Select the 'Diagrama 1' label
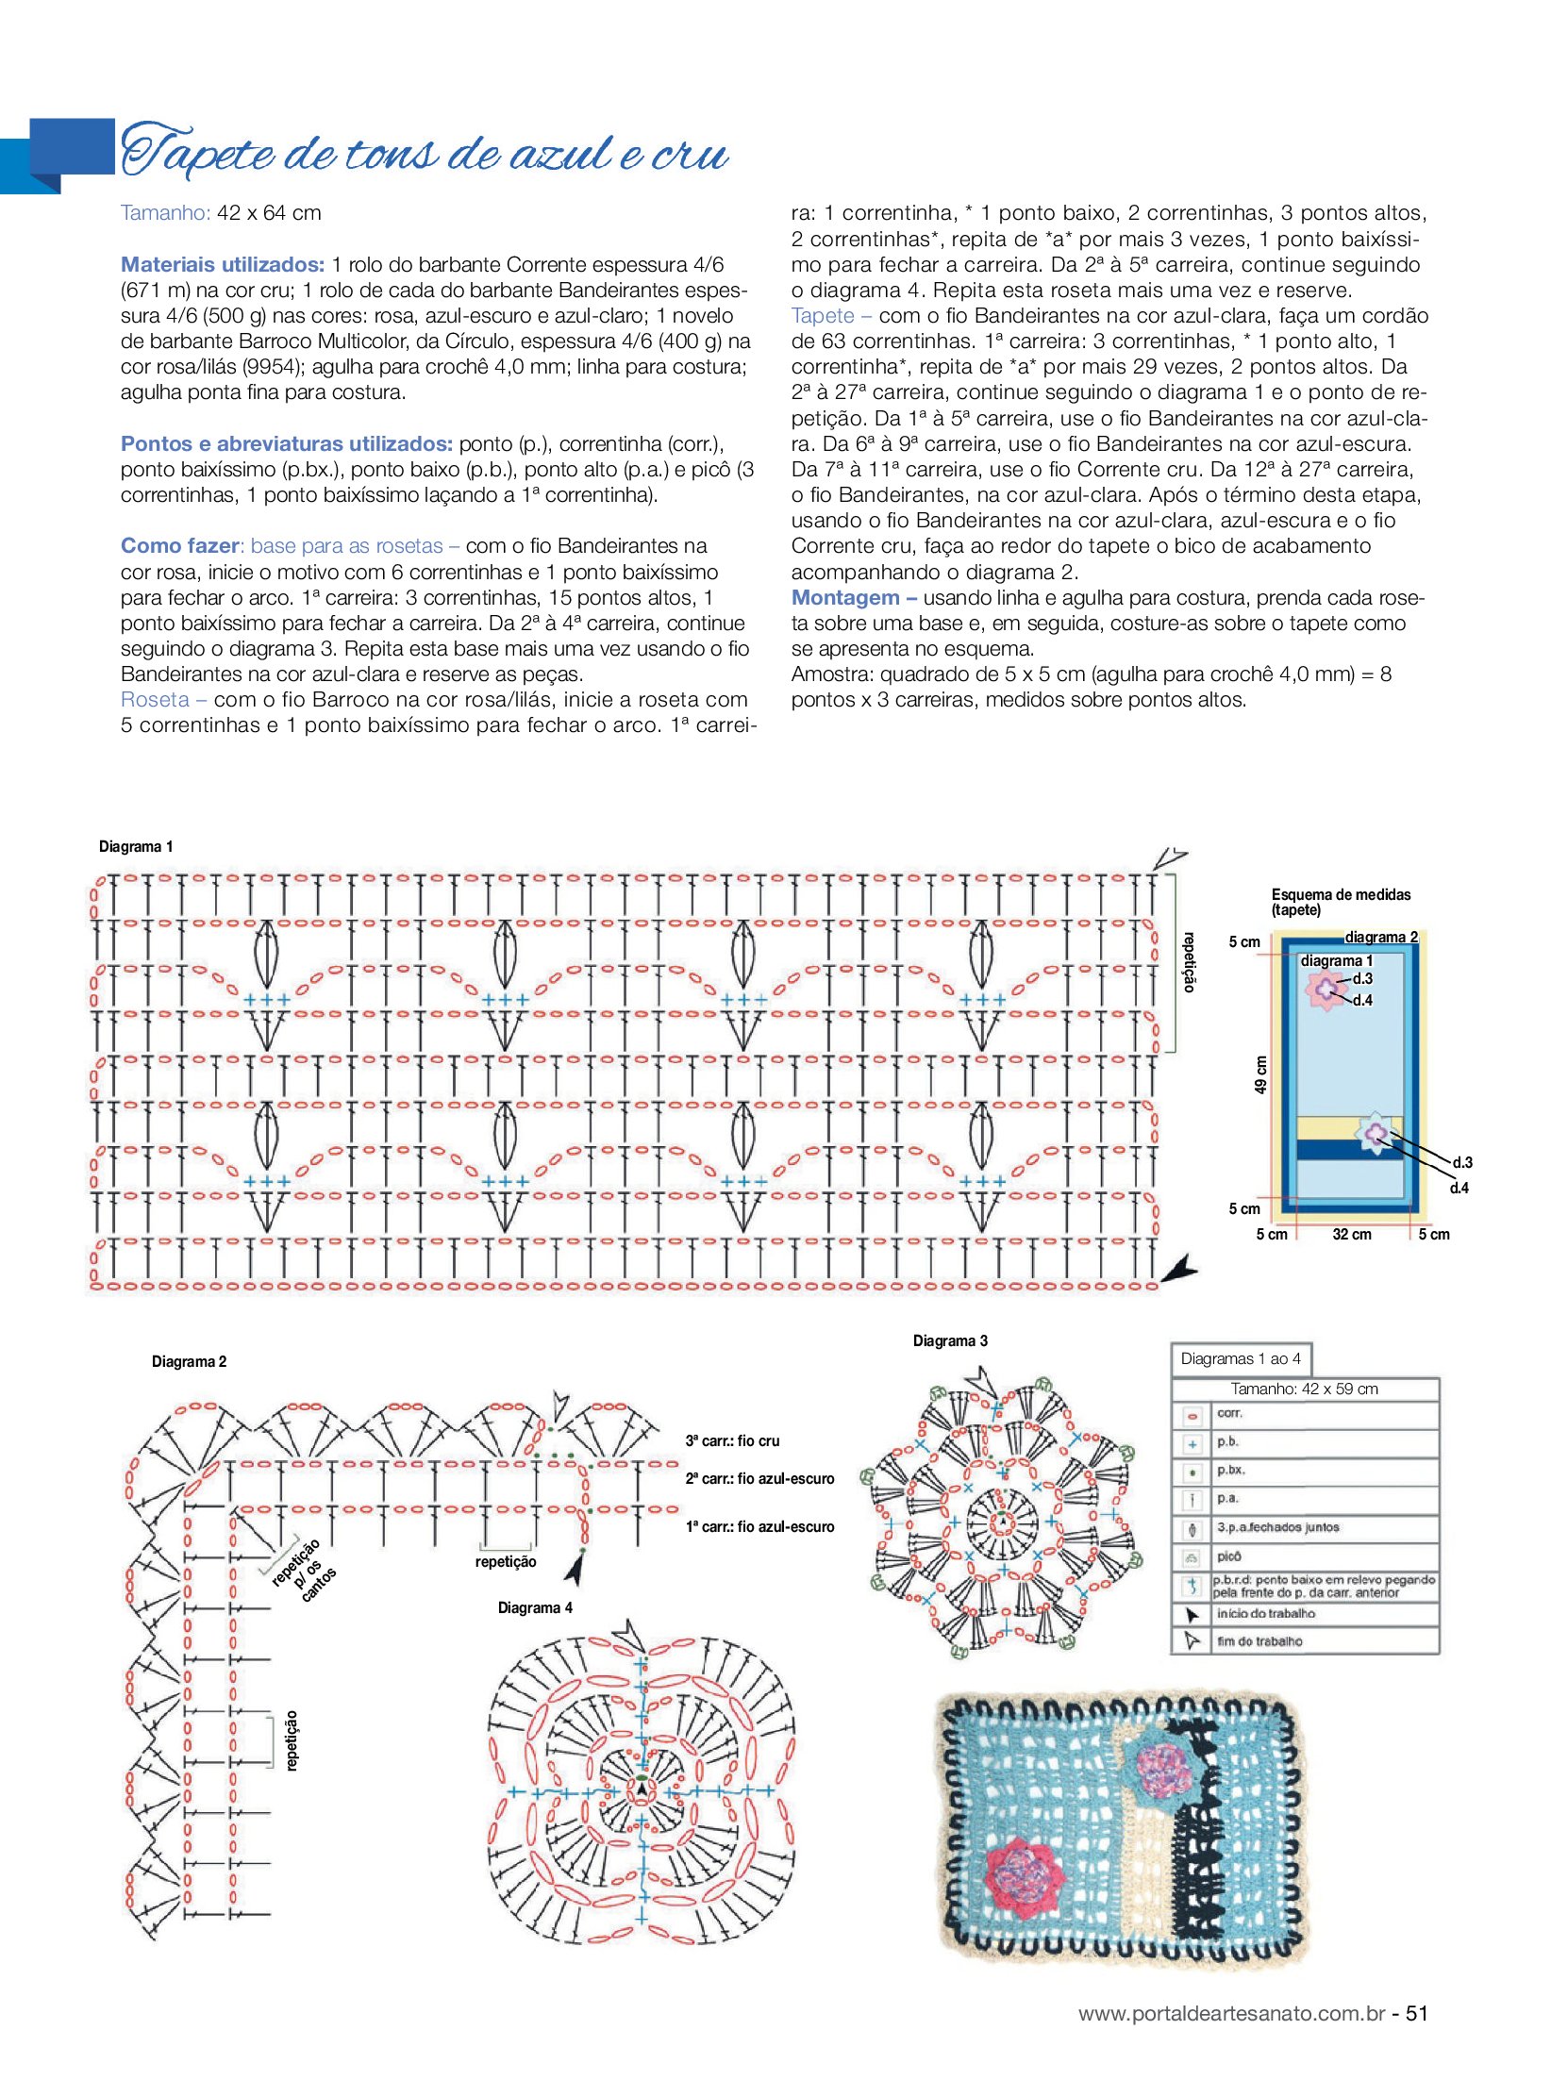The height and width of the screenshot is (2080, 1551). [136, 846]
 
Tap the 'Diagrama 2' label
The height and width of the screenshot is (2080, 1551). [189, 1361]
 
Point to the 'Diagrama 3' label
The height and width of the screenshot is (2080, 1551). [950, 1340]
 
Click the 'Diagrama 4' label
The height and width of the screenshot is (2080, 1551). [535, 1607]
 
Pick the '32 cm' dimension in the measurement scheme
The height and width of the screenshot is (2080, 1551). [1351, 1234]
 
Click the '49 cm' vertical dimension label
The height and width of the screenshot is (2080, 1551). [1260, 1074]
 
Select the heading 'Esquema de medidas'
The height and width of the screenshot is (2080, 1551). [1341, 894]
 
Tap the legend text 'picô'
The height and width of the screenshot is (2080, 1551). [1229, 1556]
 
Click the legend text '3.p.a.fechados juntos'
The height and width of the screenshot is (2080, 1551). [1277, 1527]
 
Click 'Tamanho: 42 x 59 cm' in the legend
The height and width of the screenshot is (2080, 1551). [1304, 1389]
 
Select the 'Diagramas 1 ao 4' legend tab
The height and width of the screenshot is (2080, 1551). [1241, 1358]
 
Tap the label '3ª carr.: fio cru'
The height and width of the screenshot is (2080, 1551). [732, 1440]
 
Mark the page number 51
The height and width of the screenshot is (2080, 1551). [1416, 2013]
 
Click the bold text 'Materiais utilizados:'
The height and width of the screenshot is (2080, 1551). [223, 264]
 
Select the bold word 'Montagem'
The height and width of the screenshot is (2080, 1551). [845, 597]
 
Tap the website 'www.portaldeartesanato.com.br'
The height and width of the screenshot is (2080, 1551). [1231, 2013]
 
